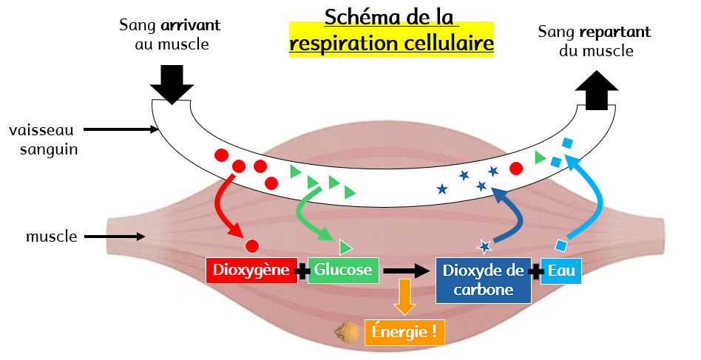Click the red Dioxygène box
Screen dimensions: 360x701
[x=251, y=270]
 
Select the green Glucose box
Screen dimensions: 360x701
[x=343, y=270]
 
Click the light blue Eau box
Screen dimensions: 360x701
[x=561, y=271]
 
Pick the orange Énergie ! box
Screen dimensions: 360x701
[x=407, y=332]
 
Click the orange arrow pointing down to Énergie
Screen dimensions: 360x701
[x=406, y=297]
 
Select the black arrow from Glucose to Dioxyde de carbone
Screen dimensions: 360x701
[x=407, y=271]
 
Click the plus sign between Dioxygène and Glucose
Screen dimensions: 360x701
[x=302, y=271]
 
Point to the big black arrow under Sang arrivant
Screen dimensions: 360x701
[x=172, y=83]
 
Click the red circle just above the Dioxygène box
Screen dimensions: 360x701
[x=252, y=245]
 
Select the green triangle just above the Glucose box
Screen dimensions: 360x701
[x=345, y=247]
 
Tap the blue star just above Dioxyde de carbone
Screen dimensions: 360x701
[x=485, y=246]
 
